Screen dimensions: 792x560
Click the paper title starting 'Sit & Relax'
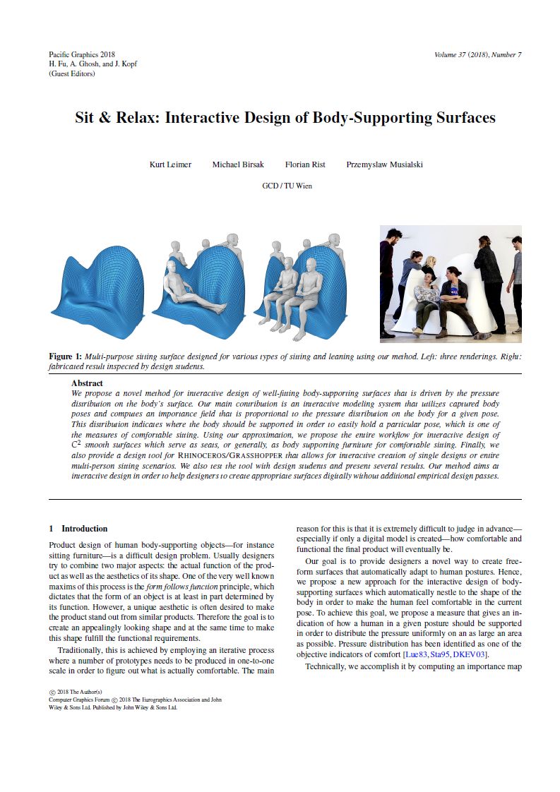point(285,118)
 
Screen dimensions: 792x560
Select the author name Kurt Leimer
point(170,164)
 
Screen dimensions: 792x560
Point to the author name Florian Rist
point(305,164)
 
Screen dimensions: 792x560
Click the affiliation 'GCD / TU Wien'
point(287,186)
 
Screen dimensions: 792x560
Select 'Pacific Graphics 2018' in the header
point(82,54)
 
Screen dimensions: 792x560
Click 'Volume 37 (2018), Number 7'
point(478,55)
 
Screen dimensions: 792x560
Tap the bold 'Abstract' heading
point(87,383)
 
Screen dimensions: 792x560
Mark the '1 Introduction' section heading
point(78,529)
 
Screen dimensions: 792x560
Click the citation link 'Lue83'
point(415,655)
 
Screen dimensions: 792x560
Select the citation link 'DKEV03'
point(469,655)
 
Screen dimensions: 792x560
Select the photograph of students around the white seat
point(451,280)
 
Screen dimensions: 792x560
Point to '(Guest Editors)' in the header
point(71,73)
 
